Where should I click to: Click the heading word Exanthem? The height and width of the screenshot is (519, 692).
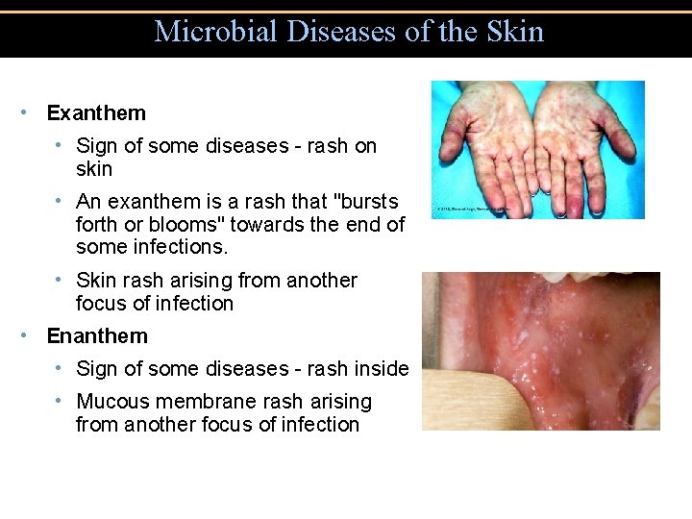pyautogui.click(x=96, y=113)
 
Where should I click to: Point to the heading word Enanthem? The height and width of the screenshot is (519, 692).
pyautogui.click(x=97, y=336)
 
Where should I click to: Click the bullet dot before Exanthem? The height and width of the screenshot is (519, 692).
pyautogui.click(x=23, y=112)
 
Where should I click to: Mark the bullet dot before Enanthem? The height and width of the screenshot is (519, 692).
pyautogui.click(x=23, y=335)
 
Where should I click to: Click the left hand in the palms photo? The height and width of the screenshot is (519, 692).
pyautogui.click(x=486, y=144)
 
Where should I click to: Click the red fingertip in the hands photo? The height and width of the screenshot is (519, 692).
pyautogui.click(x=574, y=204)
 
